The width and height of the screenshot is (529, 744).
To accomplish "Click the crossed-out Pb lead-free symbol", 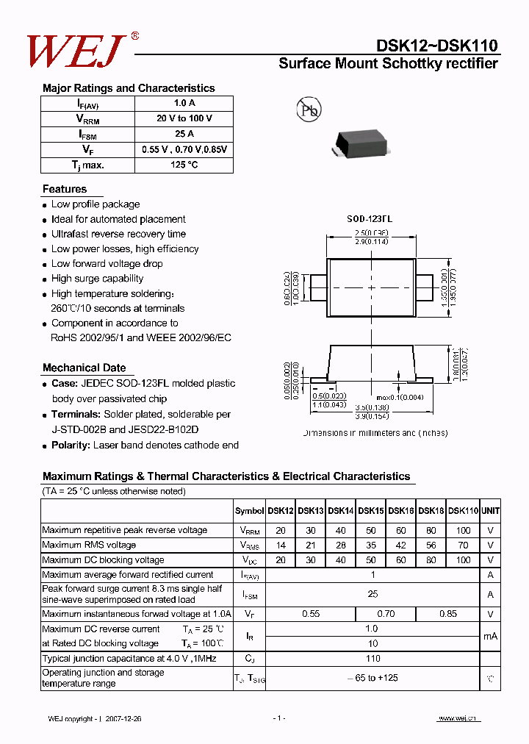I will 308,110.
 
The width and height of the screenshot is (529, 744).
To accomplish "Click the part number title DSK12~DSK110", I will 437,46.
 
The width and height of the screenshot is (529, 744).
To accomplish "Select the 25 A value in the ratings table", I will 184,134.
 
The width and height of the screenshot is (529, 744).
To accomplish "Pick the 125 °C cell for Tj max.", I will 184,165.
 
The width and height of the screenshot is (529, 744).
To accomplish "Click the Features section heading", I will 65,189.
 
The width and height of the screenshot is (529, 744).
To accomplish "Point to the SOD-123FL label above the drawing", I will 370,219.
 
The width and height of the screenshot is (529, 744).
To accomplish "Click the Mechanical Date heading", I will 84,368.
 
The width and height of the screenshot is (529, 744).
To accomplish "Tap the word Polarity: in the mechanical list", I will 71,445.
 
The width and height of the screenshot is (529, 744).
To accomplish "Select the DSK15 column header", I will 370,510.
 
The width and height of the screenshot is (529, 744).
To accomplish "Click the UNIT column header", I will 490,510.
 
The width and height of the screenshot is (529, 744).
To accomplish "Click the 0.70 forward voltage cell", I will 385,613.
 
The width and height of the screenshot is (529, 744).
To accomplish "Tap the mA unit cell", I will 490,636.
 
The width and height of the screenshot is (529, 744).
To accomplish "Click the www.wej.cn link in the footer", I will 457,718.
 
